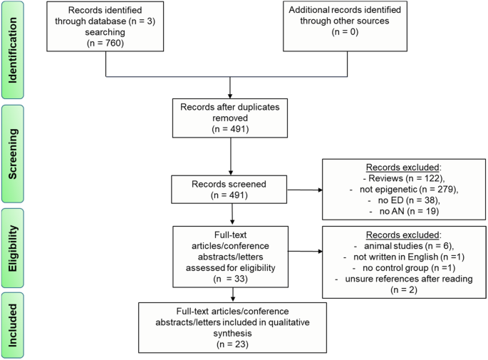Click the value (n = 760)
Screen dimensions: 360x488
(106, 42)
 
